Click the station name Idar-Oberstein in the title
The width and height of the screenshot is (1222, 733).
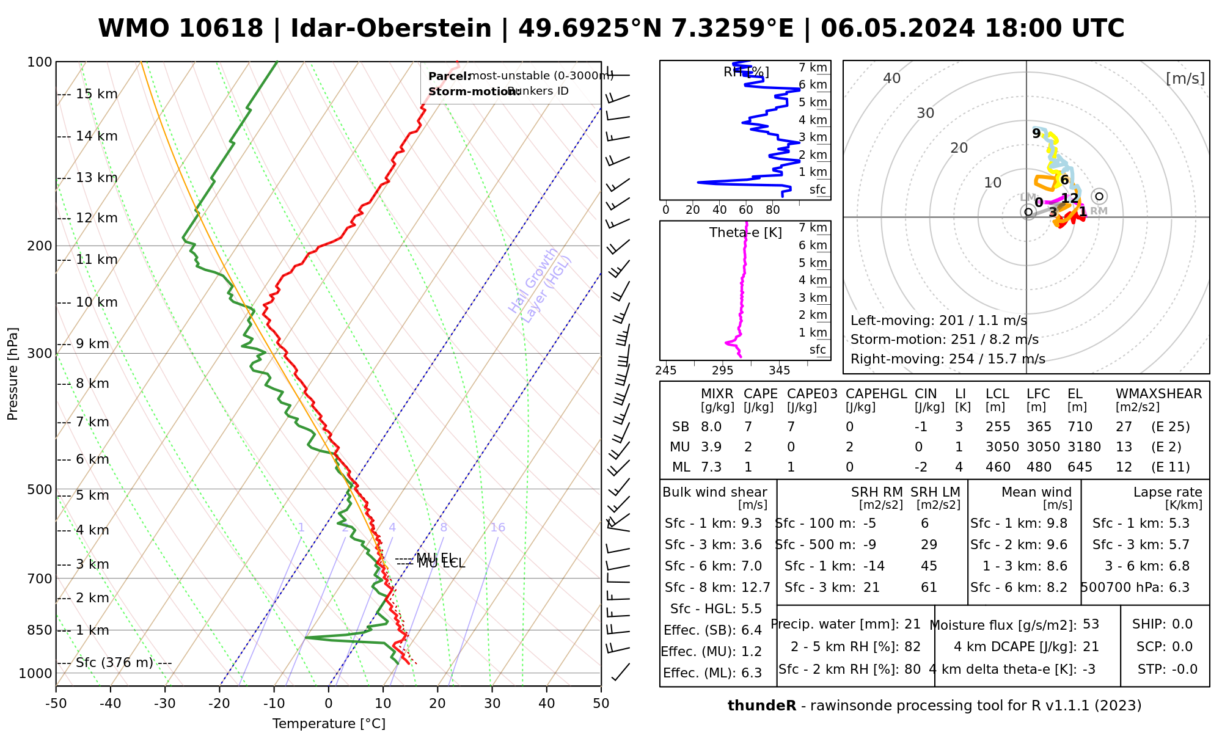point(390,29)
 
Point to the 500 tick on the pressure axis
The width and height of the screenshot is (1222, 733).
point(40,489)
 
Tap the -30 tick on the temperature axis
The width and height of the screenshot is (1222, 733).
point(165,704)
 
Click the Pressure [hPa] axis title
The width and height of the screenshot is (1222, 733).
point(13,374)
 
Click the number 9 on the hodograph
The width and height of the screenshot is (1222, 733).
point(1036,133)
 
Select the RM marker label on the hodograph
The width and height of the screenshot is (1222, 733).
point(1099,211)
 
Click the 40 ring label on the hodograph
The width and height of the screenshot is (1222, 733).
point(892,78)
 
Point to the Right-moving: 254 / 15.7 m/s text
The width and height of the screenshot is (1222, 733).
point(948,359)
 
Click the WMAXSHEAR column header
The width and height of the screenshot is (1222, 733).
point(1158,394)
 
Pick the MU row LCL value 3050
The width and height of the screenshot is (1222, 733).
point(1002,447)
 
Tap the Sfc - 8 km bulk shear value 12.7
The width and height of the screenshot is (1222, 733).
point(755,588)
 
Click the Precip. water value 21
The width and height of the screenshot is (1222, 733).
point(912,624)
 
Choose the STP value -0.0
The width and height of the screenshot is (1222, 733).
point(1184,669)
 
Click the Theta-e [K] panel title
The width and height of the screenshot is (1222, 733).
point(745,233)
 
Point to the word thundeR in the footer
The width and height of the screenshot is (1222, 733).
point(762,706)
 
